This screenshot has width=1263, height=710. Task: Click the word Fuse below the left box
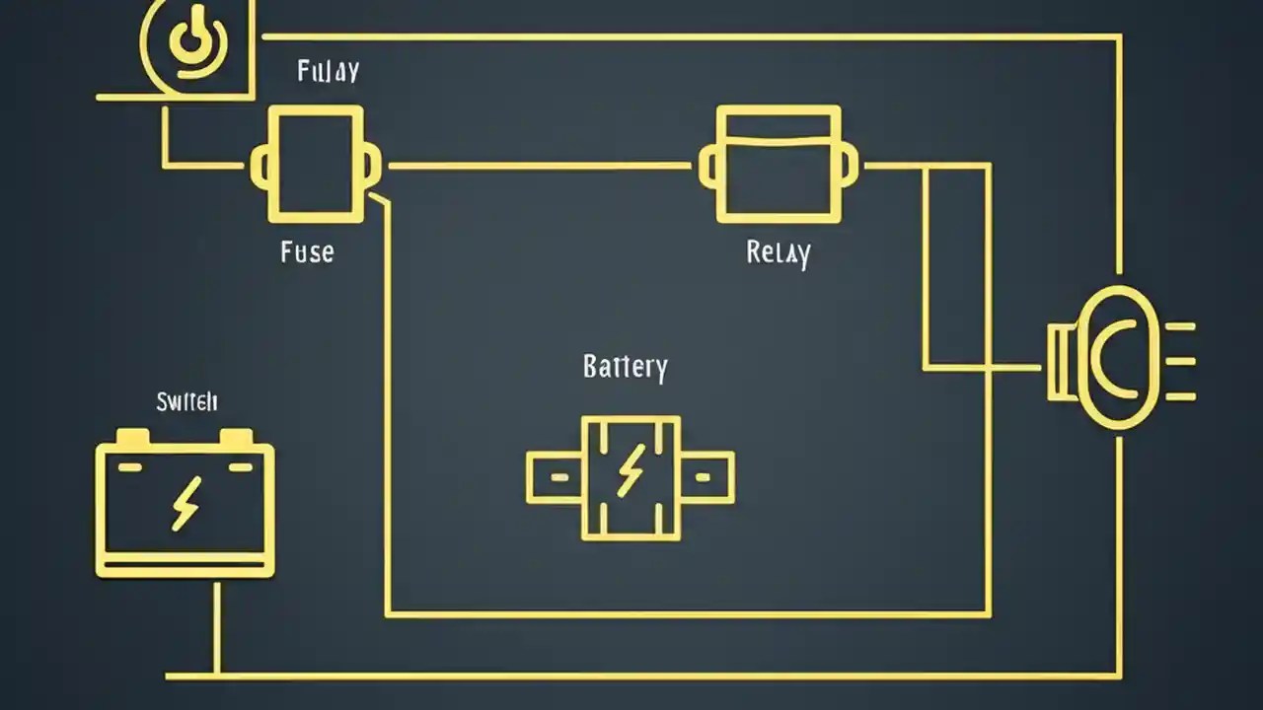(307, 251)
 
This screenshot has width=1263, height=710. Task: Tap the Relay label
(779, 252)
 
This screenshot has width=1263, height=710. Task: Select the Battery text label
(626, 367)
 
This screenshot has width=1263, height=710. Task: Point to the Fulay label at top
(328, 71)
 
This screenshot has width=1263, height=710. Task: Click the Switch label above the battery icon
(186, 401)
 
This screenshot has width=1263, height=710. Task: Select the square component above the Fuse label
(316, 164)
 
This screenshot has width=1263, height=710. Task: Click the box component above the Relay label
(779, 164)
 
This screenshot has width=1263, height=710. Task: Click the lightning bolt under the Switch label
(186, 503)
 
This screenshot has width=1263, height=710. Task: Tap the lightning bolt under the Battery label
(631, 469)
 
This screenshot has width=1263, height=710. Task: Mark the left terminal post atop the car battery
(132, 437)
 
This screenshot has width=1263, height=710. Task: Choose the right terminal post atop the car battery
(237, 437)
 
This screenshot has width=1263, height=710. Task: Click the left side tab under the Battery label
(555, 477)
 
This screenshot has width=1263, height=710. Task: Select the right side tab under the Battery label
(706, 477)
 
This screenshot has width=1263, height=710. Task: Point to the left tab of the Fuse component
(259, 166)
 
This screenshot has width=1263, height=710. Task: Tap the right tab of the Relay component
(850, 165)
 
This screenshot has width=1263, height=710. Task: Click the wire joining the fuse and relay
(538, 166)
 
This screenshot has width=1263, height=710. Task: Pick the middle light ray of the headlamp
(1181, 361)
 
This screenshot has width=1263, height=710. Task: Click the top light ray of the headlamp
(1181, 325)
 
